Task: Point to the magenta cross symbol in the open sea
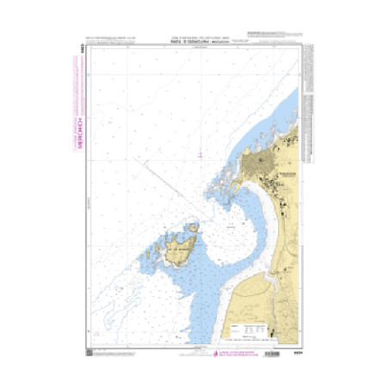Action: tap(200, 154)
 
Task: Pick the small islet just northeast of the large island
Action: tap(195, 227)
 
